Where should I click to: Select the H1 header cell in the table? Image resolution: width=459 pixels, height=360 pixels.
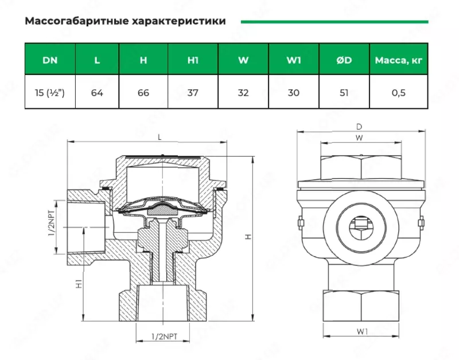click(x=193, y=60)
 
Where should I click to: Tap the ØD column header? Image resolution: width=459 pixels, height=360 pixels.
click(x=344, y=60)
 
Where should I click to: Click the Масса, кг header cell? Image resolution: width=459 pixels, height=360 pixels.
click(x=399, y=60)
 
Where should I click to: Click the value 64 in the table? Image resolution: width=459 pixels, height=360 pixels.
click(x=97, y=92)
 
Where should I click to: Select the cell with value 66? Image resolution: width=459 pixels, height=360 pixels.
click(x=143, y=92)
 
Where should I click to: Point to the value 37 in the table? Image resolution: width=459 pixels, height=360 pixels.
click(x=193, y=92)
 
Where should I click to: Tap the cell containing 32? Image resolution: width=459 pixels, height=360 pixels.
click(x=243, y=92)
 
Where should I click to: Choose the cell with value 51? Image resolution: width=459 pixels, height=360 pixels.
click(x=344, y=92)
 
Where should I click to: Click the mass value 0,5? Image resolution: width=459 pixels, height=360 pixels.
click(x=399, y=92)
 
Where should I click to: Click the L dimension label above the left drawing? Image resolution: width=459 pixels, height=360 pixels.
click(x=159, y=137)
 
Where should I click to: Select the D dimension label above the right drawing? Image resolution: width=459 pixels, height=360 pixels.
click(x=359, y=126)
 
